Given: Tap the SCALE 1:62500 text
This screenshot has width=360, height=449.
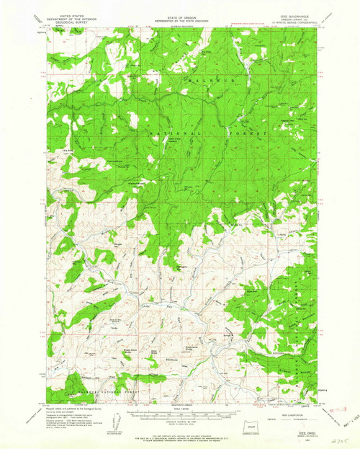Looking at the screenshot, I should (x=180, y=412).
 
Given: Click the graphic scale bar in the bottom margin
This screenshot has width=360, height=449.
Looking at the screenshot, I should (x=180, y=418).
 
